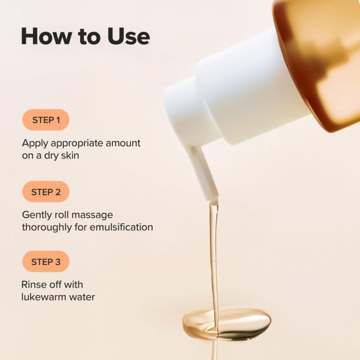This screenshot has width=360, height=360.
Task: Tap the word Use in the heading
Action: coord(128,36)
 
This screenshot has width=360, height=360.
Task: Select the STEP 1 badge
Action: coord(46,120)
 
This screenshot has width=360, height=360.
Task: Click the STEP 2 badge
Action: coord(46,192)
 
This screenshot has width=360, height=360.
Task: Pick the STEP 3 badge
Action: coord(46,262)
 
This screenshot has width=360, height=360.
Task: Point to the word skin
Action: coord(69,155)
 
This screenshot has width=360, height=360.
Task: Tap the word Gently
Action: coord(37,214)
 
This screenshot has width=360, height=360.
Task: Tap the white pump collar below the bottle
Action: coord(247,87)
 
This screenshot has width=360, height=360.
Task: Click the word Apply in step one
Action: coord(33,143)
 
